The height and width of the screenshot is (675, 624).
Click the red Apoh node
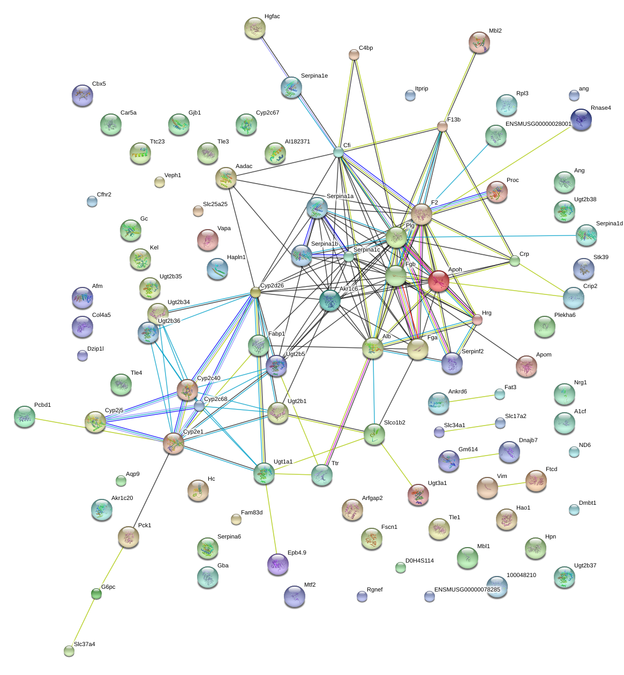pos(438,280)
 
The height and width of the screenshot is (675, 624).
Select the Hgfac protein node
pos(254,28)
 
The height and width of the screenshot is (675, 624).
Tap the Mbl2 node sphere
pos(479,42)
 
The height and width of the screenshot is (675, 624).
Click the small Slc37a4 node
pos(69,651)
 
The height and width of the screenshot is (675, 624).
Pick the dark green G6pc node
pos(96,594)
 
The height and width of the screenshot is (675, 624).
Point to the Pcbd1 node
pos(25,416)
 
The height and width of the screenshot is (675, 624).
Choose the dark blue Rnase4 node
pos(581,119)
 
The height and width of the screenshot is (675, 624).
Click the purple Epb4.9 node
pos(277,564)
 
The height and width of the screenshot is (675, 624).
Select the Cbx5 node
pos(82,95)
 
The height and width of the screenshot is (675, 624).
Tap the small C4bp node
pos(354,55)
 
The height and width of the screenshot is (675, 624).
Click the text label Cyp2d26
pos(272,285)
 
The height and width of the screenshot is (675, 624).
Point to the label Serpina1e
pos(314,75)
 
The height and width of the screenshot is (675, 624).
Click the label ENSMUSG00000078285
pos(467,589)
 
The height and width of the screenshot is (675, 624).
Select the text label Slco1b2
pos(394,422)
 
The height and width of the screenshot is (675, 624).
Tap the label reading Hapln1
pos(236,257)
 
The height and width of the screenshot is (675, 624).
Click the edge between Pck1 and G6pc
pos(112,566)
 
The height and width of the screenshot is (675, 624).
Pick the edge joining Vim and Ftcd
pos(512,484)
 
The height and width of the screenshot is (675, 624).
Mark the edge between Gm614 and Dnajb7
pos(479,456)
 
